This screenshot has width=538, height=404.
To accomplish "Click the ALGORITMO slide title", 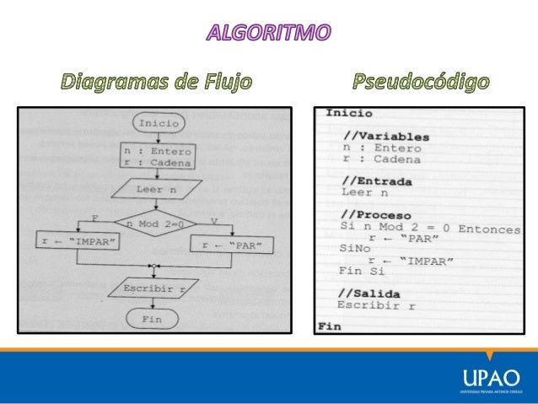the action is (x=269, y=35).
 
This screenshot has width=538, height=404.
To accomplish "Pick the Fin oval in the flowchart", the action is (x=152, y=320).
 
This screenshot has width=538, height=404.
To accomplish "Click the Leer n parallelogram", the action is (x=155, y=190).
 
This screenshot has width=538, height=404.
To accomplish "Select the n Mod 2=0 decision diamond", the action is (x=155, y=224).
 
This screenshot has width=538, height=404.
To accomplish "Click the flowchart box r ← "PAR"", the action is (x=233, y=245).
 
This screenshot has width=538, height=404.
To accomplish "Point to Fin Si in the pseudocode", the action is (x=360, y=272).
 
